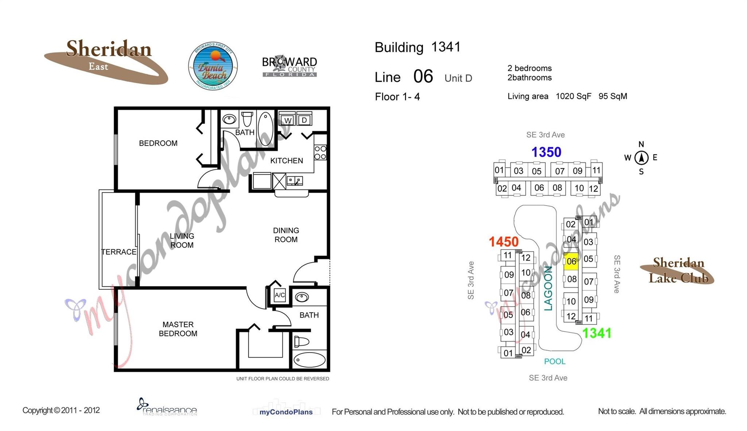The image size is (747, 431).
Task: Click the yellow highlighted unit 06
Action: [571, 261]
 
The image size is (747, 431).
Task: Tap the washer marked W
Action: [288, 120]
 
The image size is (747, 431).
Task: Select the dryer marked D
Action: [304, 120]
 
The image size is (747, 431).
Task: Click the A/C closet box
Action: [280, 295]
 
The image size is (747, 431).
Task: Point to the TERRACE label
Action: [119, 252]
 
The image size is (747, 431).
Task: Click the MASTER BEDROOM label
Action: [178, 329]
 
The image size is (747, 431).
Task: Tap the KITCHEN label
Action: [286, 161]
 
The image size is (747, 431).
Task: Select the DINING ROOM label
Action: [286, 235]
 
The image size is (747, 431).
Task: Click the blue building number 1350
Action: [546, 152]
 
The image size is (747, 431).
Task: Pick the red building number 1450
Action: [503, 242]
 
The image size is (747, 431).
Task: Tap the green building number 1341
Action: [596, 333]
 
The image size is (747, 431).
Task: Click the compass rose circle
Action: [641, 158]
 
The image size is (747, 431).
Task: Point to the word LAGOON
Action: [548, 288]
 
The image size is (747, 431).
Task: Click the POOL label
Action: [554, 361]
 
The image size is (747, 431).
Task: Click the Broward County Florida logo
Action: [290, 66]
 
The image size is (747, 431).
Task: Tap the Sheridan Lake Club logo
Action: [678, 270]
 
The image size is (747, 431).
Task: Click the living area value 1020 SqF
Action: [573, 96]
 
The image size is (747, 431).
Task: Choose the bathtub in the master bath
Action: [309, 360]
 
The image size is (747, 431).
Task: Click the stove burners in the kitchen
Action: [320, 153]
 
